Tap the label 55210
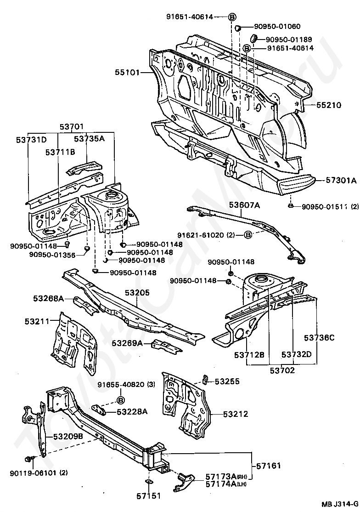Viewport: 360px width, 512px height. (x=328, y=105)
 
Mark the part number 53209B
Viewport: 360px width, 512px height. (x=68, y=436)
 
